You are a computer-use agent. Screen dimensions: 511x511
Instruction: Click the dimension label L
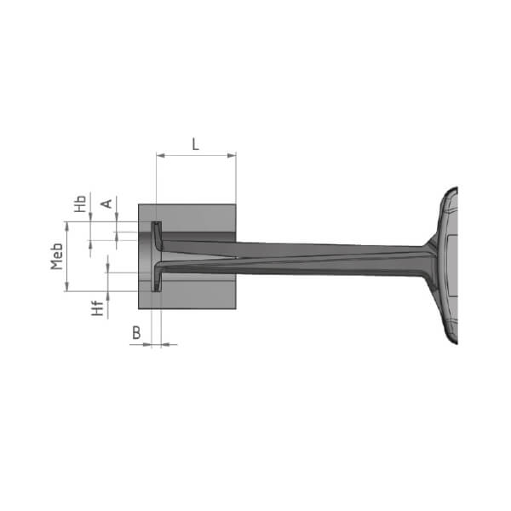point(195,144)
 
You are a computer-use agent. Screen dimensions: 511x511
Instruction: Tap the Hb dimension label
point(80,204)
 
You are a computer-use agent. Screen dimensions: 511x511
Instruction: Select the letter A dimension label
point(106,204)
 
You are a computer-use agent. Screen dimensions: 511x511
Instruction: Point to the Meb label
point(57,256)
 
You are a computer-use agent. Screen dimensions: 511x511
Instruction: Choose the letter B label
point(136,333)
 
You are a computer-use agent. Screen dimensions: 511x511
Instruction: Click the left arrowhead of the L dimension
point(161,156)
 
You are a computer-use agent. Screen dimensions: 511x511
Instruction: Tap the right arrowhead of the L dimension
point(232,156)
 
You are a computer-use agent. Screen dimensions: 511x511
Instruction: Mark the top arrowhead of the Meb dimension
point(67,226)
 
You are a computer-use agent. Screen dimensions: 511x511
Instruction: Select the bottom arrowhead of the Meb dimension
point(67,287)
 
